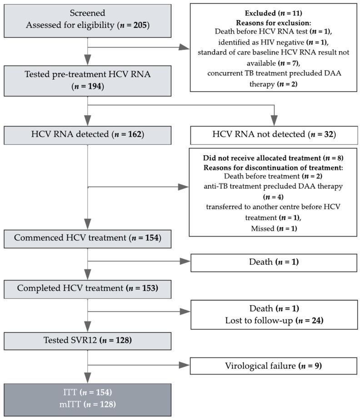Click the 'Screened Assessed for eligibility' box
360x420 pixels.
click(87, 20)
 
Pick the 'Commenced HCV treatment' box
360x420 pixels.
click(87, 238)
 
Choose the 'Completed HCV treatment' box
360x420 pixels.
click(87, 288)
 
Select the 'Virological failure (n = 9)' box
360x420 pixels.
click(273, 365)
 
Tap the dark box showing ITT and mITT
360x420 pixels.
click(87, 400)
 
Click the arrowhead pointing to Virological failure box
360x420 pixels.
click(185, 365)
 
